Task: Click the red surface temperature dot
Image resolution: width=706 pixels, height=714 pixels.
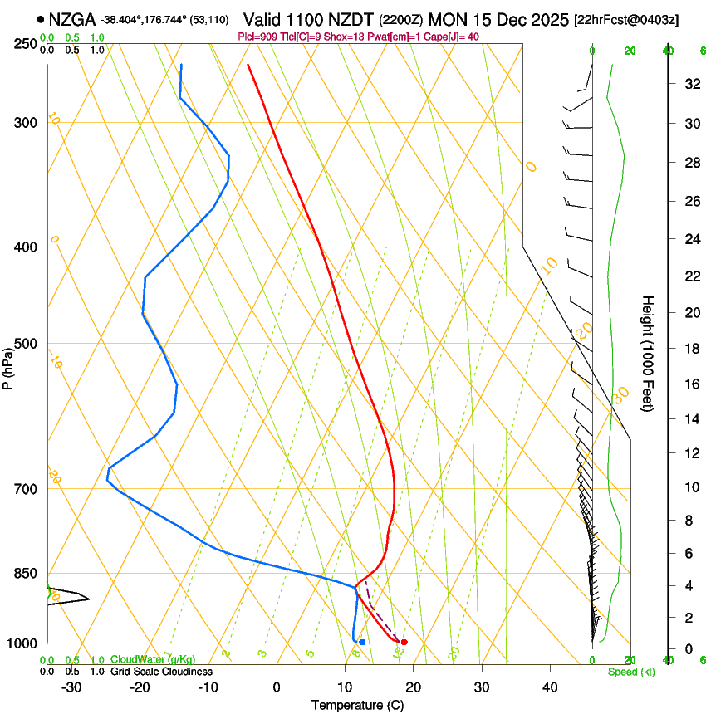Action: pos(404,642)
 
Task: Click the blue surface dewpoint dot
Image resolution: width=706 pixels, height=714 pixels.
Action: pos(362,642)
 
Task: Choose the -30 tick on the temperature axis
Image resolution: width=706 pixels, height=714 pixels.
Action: pos(71,687)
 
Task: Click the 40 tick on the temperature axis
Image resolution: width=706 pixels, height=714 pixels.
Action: pos(550,687)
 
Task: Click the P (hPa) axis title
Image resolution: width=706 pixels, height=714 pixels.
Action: pos(7,365)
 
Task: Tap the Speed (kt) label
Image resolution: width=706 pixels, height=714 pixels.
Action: pos(631,672)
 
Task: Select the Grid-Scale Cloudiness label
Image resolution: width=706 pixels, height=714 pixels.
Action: pos(162,671)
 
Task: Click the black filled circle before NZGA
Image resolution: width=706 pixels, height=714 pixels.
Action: pos(40,18)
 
